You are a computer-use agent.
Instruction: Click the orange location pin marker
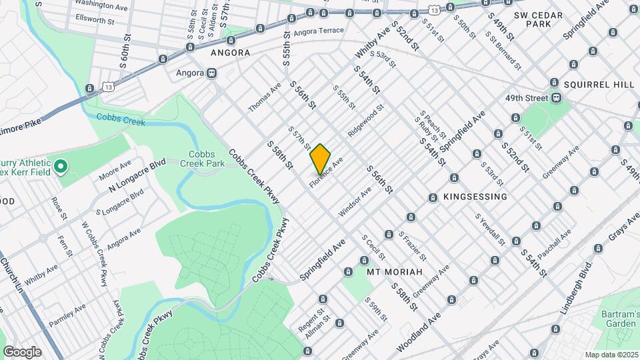coord(321,159)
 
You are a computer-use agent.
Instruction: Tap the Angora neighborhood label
coord(230,53)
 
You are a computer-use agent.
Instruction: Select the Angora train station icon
coord(211,73)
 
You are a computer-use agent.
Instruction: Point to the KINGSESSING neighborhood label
coord(475,197)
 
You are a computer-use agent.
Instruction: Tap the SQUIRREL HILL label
coord(598,85)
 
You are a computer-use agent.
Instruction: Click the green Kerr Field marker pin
coord(60,165)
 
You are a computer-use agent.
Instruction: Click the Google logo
coord(22,352)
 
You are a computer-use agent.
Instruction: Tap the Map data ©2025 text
coord(611,355)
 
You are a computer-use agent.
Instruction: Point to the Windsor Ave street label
coord(355,201)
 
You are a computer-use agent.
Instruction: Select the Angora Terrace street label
coord(319,31)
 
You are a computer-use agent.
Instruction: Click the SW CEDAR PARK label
coord(539,19)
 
